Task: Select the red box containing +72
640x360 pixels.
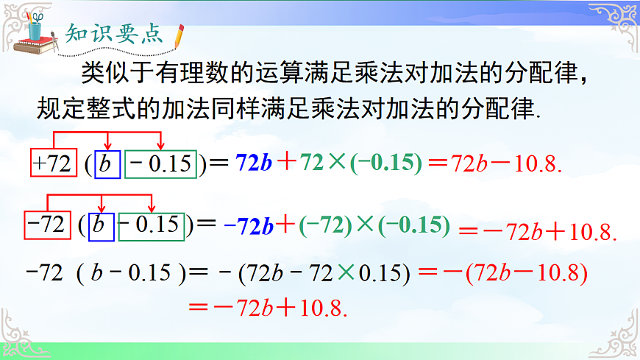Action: [51, 163]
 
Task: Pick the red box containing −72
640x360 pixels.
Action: [45, 225]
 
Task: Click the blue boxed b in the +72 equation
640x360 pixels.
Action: [106, 163]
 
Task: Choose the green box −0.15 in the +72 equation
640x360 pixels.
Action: [160, 163]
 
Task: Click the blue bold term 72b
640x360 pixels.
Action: [253, 163]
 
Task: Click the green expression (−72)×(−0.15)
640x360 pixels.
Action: [374, 225]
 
